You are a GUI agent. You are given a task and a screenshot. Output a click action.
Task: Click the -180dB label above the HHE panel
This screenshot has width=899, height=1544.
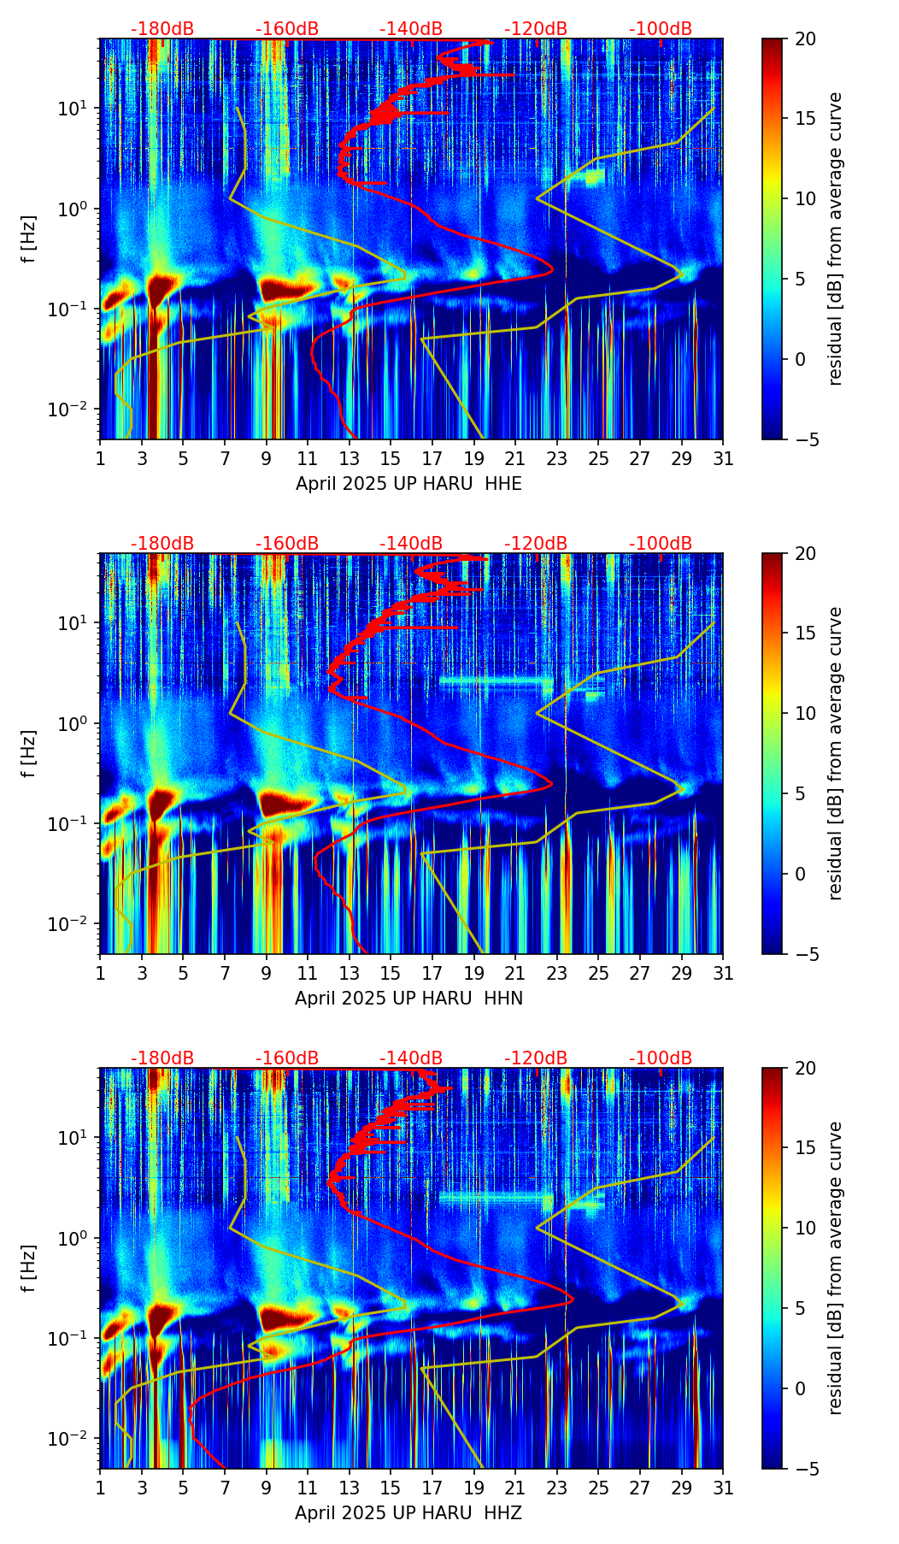point(162,29)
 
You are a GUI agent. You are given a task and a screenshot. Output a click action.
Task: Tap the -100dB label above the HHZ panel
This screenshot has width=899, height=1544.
point(661,1058)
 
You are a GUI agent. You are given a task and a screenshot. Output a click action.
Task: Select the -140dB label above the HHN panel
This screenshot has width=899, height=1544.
point(411,544)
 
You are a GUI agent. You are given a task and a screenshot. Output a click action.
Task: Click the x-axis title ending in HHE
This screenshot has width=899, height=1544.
point(408,484)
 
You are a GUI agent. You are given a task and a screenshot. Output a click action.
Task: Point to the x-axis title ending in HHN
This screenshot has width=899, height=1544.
point(408,999)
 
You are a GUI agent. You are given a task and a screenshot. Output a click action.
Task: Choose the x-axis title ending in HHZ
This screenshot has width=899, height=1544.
point(408,1513)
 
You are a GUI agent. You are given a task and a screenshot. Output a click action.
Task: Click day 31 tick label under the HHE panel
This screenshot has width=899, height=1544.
point(723,459)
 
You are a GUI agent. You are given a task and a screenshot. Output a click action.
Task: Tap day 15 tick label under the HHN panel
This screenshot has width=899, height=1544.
point(391,974)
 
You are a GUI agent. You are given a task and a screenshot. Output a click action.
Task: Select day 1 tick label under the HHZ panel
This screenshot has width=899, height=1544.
point(101,1488)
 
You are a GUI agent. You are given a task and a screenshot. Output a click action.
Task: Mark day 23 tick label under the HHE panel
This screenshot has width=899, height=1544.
point(557,459)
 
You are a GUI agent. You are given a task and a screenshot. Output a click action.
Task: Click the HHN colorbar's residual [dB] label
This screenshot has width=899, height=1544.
point(836,753)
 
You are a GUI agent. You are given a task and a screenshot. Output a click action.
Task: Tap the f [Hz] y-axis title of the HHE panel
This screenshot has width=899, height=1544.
point(29,239)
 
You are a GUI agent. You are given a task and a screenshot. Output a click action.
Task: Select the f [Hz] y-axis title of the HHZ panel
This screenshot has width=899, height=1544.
point(29,1269)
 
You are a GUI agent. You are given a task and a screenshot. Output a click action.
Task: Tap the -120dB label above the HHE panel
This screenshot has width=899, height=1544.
point(536,29)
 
